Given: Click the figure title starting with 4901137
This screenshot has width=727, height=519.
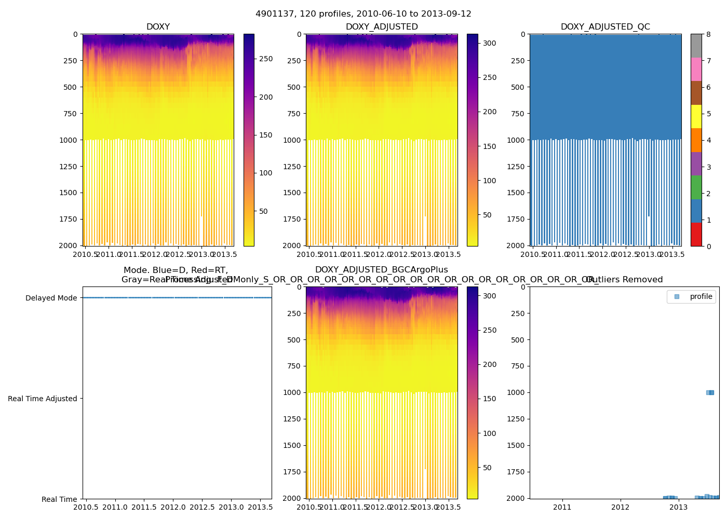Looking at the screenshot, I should [x=363, y=14].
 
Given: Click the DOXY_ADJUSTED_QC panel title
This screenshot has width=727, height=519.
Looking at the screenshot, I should [x=605, y=27].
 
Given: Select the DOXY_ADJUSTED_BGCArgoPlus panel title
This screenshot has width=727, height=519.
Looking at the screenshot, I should [x=381, y=270].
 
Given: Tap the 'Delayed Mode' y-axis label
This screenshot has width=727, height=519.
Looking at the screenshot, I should [x=51, y=298].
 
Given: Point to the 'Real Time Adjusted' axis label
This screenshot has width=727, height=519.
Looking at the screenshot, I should [x=42, y=399].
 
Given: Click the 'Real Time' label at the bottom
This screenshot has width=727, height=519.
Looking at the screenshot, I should [x=59, y=499].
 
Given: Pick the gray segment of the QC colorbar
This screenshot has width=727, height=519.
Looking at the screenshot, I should [x=696, y=46].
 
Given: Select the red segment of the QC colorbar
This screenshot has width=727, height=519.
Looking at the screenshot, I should [x=696, y=234].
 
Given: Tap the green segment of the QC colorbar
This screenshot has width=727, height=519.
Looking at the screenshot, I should [x=696, y=187].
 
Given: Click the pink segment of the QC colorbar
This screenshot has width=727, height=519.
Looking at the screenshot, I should [x=696, y=69].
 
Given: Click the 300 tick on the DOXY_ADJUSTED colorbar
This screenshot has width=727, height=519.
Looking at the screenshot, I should [x=489, y=43].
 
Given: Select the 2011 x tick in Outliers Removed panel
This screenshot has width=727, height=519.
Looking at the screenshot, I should [x=562, y=507].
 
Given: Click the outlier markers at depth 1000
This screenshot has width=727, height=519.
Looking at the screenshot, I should [x=710, y=392].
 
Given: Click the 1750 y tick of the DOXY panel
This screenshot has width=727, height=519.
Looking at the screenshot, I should [x=69, y=219].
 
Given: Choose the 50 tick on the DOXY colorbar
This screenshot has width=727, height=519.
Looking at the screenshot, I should [x=263, y=211].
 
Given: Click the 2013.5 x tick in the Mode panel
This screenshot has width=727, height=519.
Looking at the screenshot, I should [x=260, y=507].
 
